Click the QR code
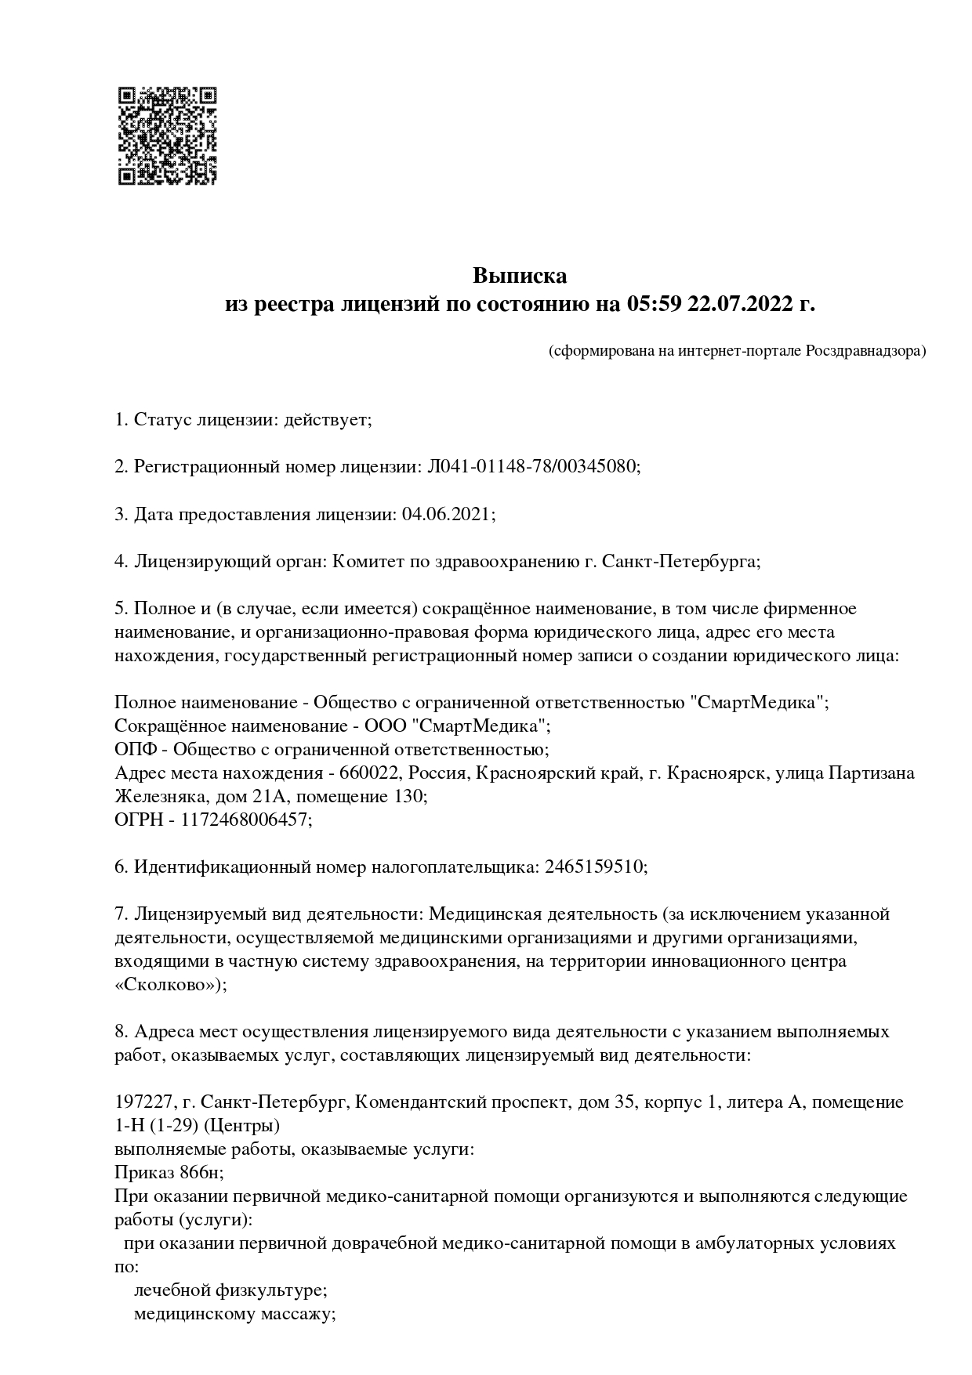(167, 136)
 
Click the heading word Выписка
(519, 277)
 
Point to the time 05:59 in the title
(653, 304)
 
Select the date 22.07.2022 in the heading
(740, 304)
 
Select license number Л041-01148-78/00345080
(532, 467)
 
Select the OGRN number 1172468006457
(245, 820)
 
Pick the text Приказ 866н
(167, 1173)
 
